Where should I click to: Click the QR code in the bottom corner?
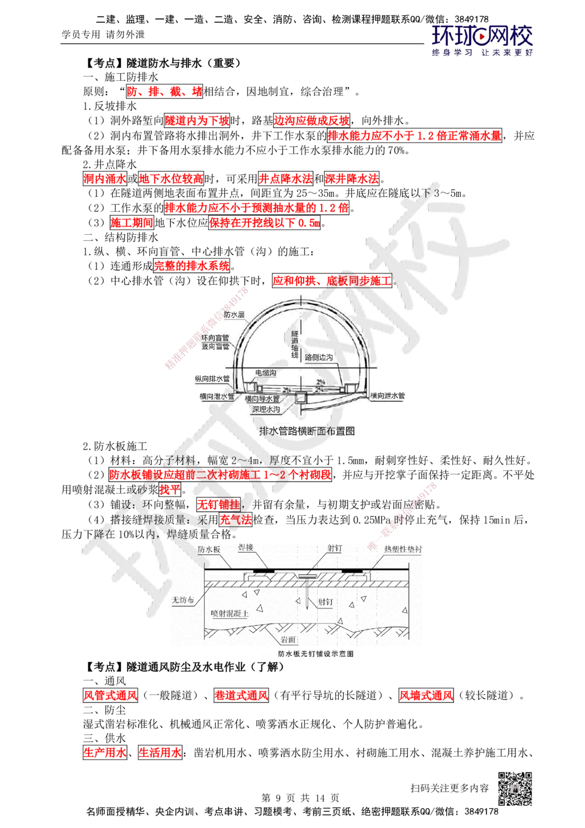tap(517, 789)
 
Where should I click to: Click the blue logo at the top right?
tap(483, 40)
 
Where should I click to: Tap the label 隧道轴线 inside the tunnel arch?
tap(294, 344)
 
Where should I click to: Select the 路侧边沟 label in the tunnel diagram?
tap(320, 357)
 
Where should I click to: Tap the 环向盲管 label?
tap(215, 338)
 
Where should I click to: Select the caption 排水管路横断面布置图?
tap(307, 431)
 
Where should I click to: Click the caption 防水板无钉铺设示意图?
tap(315, 654)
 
